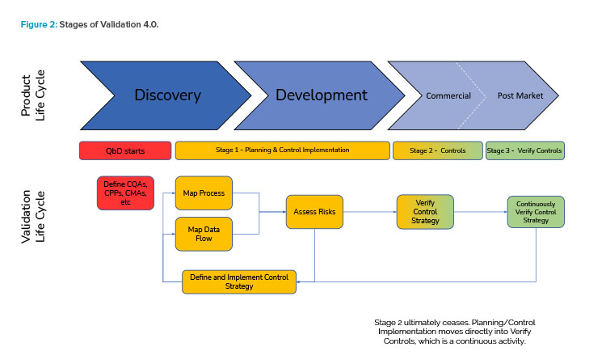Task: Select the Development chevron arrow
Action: tap(322, 95)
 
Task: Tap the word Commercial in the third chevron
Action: tap(448, 96)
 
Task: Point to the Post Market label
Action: tap(520, 95)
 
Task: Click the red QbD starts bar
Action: tap(125, 151)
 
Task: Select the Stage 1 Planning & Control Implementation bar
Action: tap(283, 150)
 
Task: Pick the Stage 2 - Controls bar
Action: tap(438, 150)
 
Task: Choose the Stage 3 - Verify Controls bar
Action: tap(525, 150)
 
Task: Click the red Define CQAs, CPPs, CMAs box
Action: tap(125, 193)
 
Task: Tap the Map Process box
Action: tap(204, 193)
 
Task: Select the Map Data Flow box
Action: tap(204, 234)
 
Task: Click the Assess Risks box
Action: tap(314, 212)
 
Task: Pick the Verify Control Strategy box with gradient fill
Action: tap(425, 212)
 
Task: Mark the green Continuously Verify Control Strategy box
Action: tap(536, 212)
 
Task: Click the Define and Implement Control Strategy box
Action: tap(239, 282)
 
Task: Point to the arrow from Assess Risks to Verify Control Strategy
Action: tap(370, 212)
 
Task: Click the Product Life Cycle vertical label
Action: tap(33, 95)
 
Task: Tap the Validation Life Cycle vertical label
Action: tap(33, 217)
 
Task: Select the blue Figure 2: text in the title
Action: tap(39, 24)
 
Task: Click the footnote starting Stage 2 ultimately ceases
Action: tap(454, 332)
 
